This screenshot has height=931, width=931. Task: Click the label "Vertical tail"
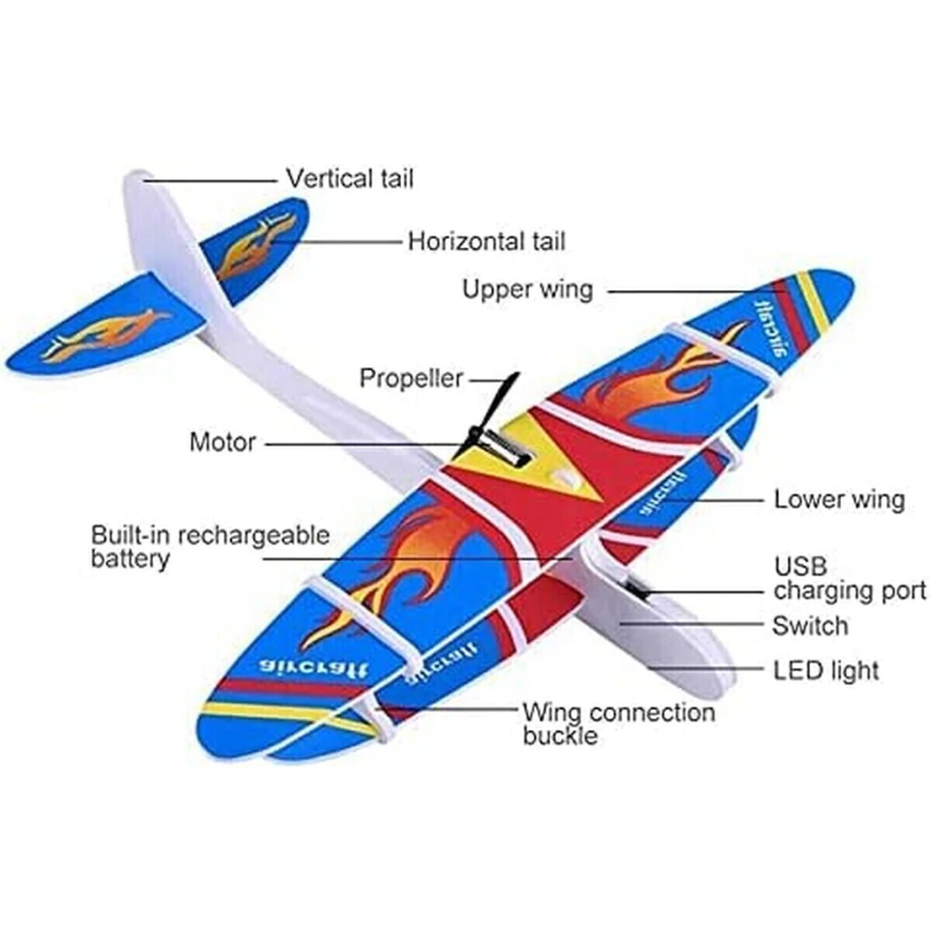pyautogui.click(x=349, y=178)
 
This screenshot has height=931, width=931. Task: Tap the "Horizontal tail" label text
pyautogui.click(x=486, y=242)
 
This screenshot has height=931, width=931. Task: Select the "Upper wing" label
pyautogui.click(x=527, y=290)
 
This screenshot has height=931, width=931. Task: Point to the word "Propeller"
pyautogui.click(x=411, y=378)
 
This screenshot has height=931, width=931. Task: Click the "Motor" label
pyautogui.click(x=223, y=443)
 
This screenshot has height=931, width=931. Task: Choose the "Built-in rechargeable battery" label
pyautogui.click(x=210, y=546)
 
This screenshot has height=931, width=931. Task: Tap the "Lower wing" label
pyautogui.click(x=839, y=499)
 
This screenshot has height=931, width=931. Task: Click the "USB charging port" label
pyautogui.click(x=849, y=578)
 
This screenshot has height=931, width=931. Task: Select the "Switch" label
pyautogui.click(x=809, y=626)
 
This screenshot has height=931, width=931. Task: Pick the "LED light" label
pyautogui.click(x=826, y=671)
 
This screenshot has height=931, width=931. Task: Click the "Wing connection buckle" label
pyautogui.click(x=618, y=723)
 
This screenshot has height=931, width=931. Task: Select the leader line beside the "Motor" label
pyautogui.click(x=364, y=444)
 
